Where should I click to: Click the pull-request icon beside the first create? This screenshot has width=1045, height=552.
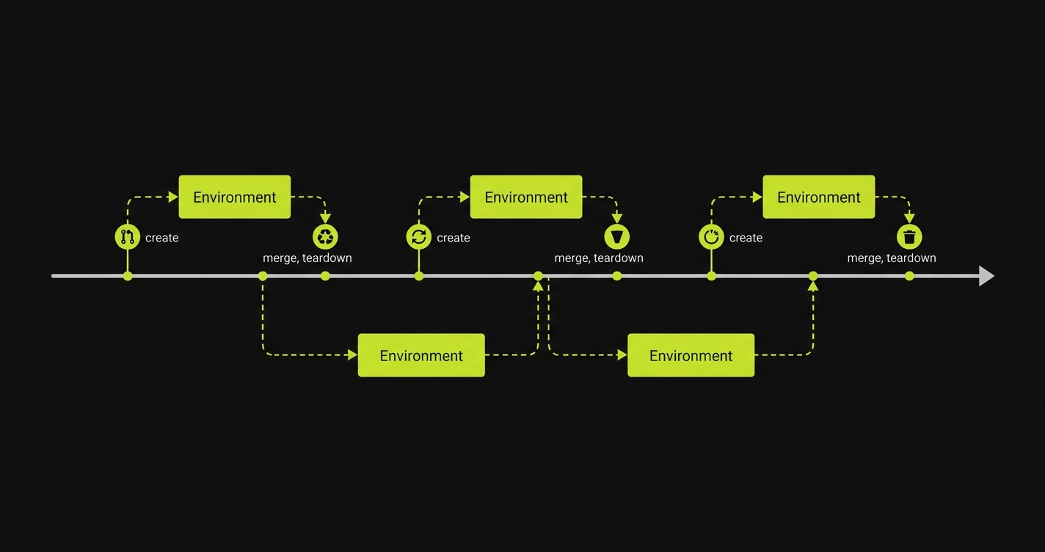click(128, 237)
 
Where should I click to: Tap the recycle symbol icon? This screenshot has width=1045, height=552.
click(325, 237)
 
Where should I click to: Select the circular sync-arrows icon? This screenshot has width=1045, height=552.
click(419, 237)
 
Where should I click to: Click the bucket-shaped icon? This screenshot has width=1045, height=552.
click(617, 237)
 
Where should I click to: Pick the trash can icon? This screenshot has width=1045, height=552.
click(909, 237)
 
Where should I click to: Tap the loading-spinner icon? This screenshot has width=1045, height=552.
click(711, 237)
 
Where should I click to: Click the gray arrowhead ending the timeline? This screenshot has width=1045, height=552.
click(986, 276)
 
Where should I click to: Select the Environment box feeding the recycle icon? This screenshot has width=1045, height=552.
click(235, 197)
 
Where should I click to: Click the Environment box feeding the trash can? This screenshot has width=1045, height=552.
click(819, 197)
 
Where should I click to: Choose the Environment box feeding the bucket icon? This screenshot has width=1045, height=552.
click(526, 197)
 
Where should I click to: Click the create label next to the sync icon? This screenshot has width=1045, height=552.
click(454, 238)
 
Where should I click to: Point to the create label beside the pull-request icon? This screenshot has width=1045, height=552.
click(162, 238)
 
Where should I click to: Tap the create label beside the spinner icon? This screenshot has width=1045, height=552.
click(746, 238)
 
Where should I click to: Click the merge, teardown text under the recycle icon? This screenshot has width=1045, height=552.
click(307, 258)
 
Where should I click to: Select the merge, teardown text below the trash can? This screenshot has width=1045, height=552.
click(892, 258)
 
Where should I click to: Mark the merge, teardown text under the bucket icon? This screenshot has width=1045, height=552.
click(599, 258)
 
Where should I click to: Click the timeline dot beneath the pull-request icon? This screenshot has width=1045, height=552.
click(128, 276)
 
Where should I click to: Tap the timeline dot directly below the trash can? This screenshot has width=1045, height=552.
click(909, 276)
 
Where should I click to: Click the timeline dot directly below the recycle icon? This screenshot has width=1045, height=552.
click(325, 276)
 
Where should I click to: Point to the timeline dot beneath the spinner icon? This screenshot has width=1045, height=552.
click(711, 276)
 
